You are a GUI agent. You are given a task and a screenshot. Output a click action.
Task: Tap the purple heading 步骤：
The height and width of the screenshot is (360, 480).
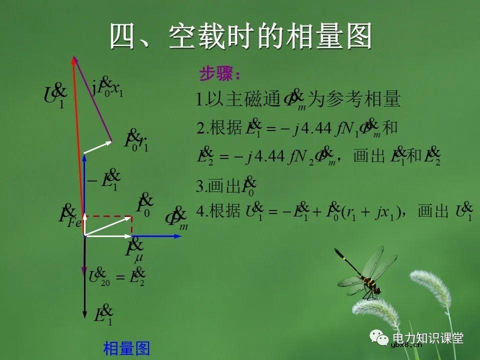coord(220,75)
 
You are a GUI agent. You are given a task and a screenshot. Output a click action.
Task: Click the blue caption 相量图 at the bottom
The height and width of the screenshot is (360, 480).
coord(126,348)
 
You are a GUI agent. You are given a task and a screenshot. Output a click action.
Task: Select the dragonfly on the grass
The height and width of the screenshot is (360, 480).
coord(364,273)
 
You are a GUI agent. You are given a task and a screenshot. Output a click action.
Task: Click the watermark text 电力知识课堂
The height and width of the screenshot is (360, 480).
coord(428,338)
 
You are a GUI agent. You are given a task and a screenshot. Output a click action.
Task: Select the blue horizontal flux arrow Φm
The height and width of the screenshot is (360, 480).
coord(155,235)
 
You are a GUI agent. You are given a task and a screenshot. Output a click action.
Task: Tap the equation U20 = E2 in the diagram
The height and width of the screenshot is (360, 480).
coord(117,276)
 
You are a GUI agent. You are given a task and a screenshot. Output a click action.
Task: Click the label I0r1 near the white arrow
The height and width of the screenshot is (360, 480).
coord(136,141)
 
